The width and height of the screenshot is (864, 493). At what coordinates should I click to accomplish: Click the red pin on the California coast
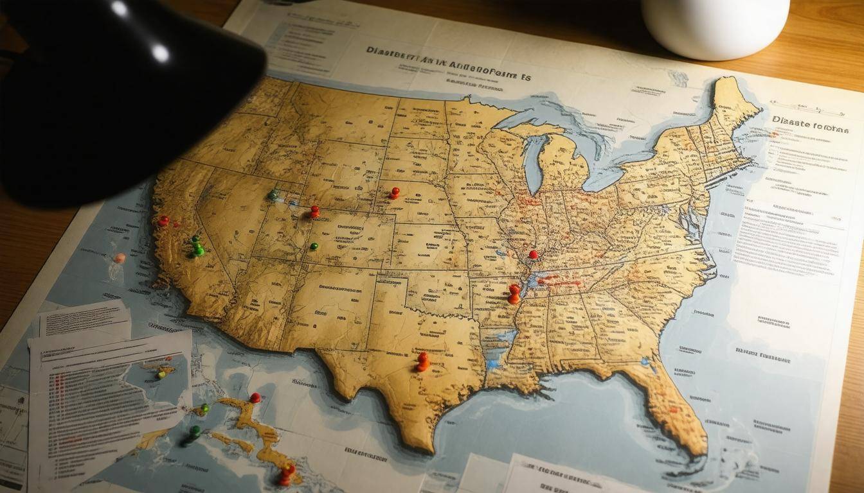[x=163, y=220]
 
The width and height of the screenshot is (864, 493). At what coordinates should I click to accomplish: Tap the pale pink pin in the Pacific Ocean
[x=120, y=258]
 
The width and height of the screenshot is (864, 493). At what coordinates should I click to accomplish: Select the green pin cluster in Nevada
[x=197, y=246]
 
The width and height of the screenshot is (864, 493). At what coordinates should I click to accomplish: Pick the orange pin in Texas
[x=422, y=361]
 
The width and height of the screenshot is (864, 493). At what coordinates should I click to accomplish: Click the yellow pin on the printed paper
[x=162, y=374]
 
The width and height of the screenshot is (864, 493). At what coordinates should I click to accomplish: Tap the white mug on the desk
[x=715, y=26]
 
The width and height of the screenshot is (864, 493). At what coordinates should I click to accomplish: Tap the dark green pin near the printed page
[x=194, y=431]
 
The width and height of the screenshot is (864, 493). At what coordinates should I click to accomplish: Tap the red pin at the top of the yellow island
[x=255, y=397]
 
